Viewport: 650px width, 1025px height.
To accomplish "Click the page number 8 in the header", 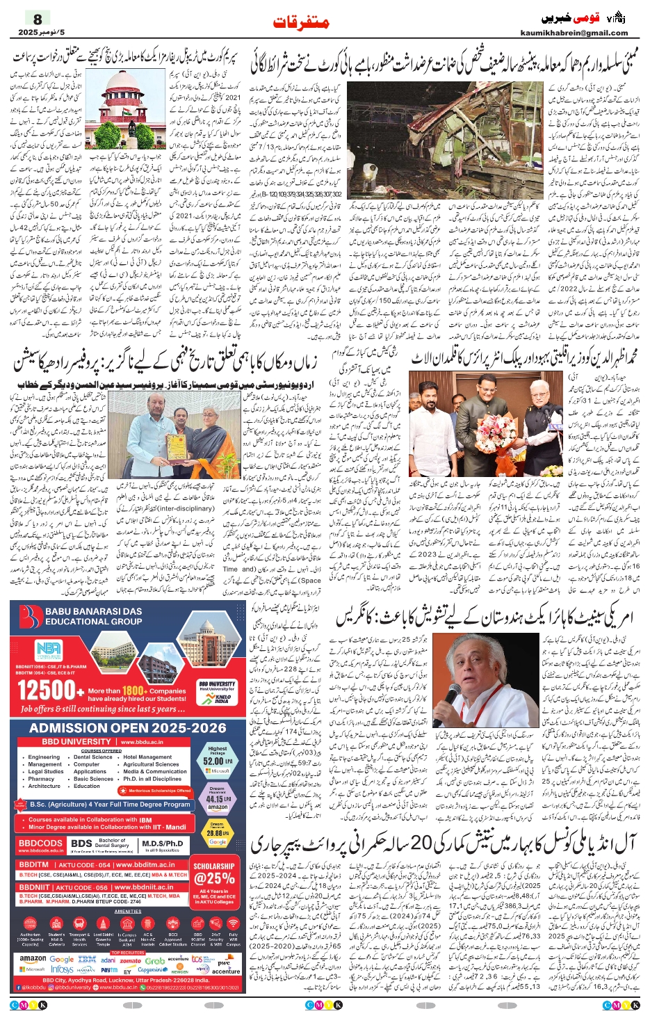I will point(37,19).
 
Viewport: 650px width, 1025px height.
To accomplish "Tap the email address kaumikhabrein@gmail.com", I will point(574,33).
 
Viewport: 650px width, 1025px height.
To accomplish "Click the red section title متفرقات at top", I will point(301,22).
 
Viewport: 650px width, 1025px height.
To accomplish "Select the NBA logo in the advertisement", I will point(48,650).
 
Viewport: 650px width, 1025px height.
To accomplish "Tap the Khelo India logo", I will point(222,698).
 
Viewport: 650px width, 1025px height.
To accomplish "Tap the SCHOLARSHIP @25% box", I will point(214,878).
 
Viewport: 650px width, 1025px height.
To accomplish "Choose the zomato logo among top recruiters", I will point(130,961).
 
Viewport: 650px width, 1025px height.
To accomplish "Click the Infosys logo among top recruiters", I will point(62,969).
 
